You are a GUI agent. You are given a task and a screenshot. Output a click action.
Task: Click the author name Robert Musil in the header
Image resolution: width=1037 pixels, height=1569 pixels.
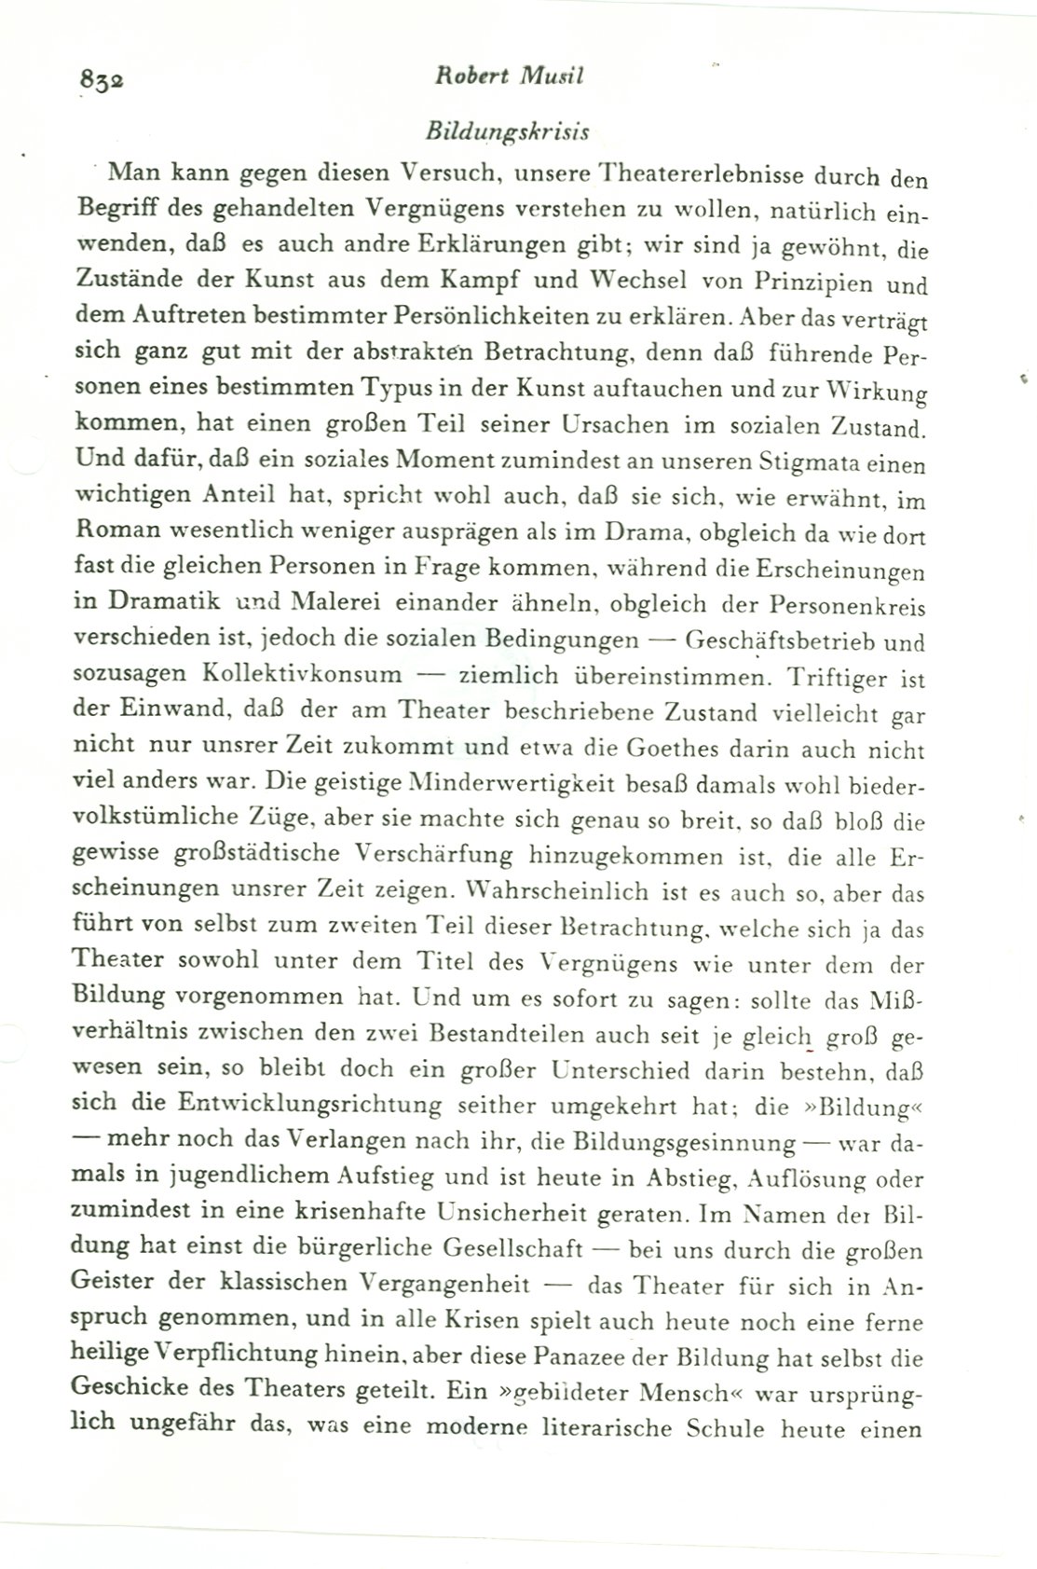click(x=510, y=78)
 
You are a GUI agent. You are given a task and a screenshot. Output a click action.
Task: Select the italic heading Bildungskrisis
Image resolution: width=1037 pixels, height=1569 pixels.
click(x=507, y=132)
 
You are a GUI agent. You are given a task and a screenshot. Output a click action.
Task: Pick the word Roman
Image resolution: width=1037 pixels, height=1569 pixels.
click(x=116, y=532)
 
